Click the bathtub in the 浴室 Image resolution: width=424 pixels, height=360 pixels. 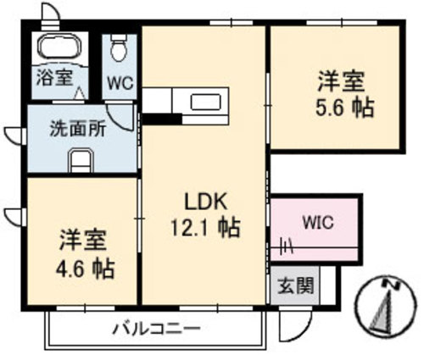coord(59,47)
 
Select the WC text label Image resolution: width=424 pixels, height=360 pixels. coord(120,84)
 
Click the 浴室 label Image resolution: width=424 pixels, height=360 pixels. coord(55,77)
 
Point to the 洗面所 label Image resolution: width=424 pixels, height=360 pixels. coord(78,129)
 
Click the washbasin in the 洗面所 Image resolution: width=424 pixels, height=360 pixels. coord(81,160)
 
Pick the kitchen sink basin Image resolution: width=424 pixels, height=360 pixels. coord(205,102)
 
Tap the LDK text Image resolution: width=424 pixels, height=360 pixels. coord(205,202)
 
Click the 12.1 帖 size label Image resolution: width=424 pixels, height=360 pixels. coord(204,227)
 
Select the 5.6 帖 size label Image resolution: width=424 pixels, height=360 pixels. coord(345,108)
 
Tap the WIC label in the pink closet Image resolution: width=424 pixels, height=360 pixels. coord(318,223)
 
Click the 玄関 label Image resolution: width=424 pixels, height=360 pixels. coord(296,285)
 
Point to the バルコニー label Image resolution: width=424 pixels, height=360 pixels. coord(156,329)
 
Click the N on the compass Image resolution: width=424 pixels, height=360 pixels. coord(391,285)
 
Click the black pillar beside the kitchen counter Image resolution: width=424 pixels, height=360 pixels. coord(162,119)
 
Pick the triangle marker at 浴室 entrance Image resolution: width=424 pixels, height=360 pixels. coord(79,93)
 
